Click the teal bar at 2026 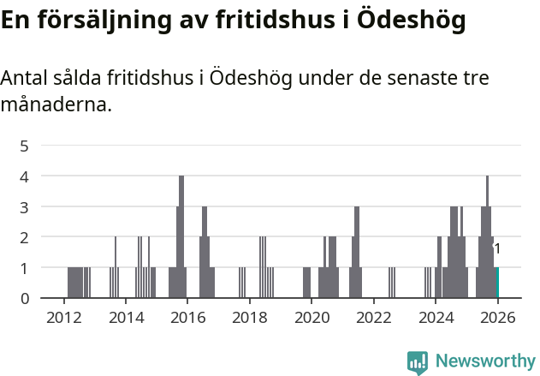click(x=497, y=283)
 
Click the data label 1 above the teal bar click(x=497, y=249)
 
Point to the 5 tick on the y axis click(x=25, y=146)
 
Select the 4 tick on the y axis click(x=25, y=176)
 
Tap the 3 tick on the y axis click(x=25, y=206)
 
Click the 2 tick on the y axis click(x=25, y=237)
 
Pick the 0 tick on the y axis click(x=25, y=298)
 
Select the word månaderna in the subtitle click(x=56, y=105)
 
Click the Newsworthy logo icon click(x=418, y=362)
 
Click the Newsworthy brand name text click(x=485, y=361)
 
